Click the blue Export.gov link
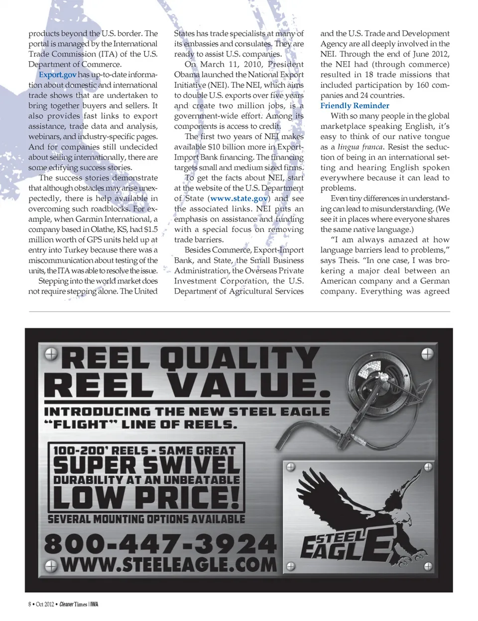pos(58,75)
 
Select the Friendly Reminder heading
pos(355,106)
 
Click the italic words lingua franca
pos(360,147)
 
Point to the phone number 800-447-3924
pos(160,543)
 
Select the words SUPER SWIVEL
pos(146,465)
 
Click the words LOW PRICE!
pos(146,497)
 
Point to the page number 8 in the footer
pos(30,604)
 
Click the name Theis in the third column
pos(350,260)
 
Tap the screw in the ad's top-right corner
pos(427,354)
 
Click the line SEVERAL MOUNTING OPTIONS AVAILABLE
pos(146,519)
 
